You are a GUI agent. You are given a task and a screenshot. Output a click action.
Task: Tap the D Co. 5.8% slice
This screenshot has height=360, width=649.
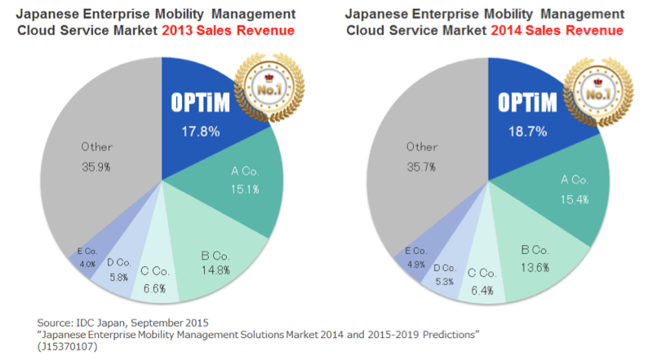tap(120, 268)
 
